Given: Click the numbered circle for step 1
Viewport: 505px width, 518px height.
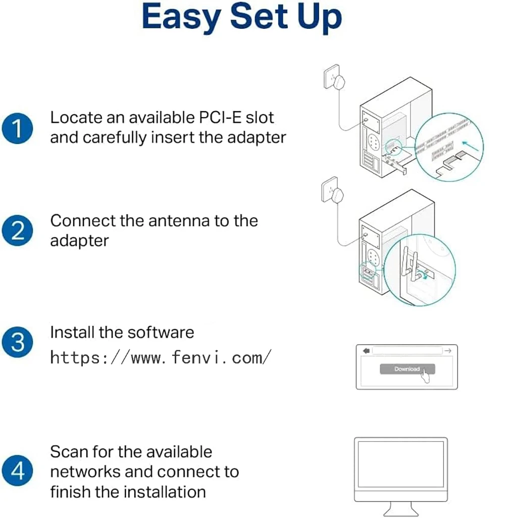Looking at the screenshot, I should pos(18,128).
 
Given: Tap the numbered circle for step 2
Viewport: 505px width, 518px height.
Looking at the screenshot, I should pos(18,231).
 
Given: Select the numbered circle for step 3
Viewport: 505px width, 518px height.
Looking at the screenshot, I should pos(18,342).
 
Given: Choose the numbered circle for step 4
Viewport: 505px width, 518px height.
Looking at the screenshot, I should pos(18,471).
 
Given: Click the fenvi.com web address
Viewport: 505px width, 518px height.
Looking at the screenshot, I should pos(161,358).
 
